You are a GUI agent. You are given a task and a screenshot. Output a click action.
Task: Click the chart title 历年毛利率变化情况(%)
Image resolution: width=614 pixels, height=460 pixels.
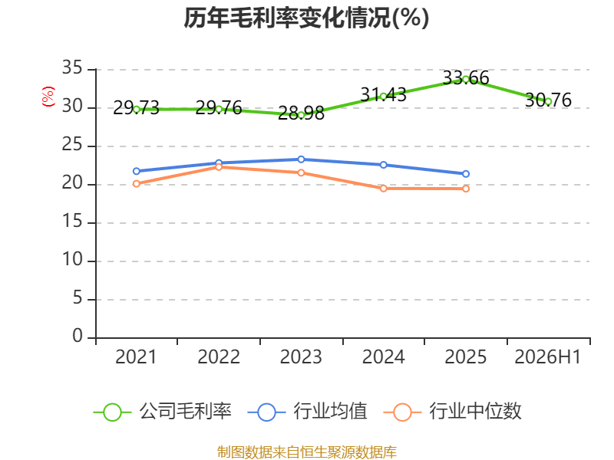pos(306,18)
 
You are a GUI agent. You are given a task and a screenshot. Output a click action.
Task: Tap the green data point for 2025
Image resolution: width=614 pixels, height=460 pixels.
pos(466,80)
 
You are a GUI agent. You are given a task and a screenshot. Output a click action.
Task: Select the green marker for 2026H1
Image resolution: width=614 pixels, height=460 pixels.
pos(548,102)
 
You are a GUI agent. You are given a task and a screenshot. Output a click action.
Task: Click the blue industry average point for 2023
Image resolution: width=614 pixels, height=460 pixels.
pos(301,159)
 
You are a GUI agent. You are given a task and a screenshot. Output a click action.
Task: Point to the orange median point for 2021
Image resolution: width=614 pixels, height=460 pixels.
pos(137,183)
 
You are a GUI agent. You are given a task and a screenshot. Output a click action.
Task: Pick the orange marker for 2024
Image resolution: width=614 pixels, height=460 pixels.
pos(383,189)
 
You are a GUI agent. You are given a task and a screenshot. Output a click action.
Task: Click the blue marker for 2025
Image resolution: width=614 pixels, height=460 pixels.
pos(466,174)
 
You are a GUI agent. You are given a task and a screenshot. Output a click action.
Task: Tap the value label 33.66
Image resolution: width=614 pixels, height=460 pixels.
pos(466,78)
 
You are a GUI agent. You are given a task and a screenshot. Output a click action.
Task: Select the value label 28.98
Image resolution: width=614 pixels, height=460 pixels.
pos(301,113)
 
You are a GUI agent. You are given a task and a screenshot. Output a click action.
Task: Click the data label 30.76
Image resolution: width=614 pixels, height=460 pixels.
pos(548,100)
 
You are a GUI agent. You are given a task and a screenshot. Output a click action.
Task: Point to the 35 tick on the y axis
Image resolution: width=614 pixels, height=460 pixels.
pos(72,68)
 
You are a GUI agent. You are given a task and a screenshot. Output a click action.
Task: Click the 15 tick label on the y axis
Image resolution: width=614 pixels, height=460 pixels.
pos(72,222)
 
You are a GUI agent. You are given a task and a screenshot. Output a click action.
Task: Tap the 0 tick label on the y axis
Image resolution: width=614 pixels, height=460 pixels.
pos(78,336)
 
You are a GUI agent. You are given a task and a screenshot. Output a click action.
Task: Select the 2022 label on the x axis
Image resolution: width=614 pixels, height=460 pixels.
pos(219,356)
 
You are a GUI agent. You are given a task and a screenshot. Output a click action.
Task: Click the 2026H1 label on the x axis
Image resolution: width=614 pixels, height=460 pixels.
pos(548,356)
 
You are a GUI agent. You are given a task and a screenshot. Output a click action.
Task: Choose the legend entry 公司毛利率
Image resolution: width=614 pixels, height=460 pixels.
pos(163,412)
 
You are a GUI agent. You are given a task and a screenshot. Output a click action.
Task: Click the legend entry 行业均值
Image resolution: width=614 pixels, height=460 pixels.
pos(308,412)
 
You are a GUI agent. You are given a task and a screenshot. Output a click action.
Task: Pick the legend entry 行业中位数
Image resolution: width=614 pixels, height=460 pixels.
pos(452,412)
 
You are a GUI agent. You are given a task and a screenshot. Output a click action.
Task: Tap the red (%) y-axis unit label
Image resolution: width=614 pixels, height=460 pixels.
pos(48,97)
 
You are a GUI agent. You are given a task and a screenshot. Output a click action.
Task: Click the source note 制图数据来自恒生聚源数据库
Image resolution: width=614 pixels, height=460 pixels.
pos(307,452)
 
